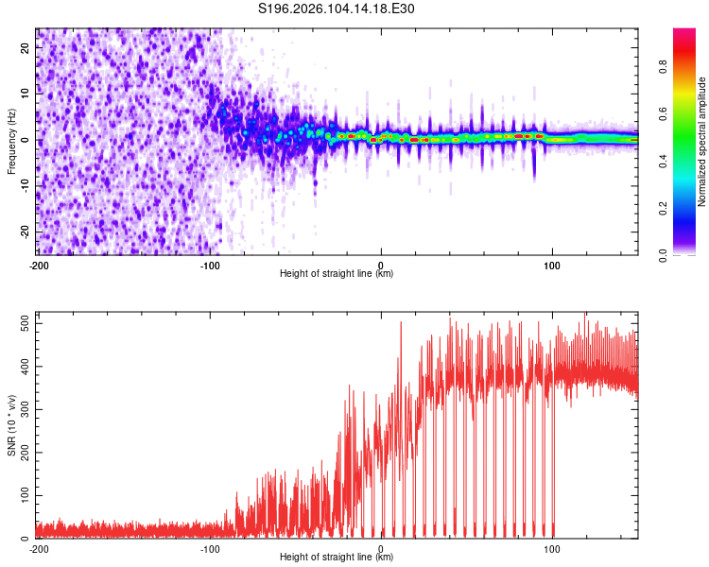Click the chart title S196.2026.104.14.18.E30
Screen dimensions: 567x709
(x=337, y=9)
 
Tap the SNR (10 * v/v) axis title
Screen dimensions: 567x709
(x=11, y=425)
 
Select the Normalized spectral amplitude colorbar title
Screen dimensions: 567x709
(x=702, y=142)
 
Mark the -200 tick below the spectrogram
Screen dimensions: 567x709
(x=39, y=266)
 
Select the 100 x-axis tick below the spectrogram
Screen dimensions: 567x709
(x=552, y=266)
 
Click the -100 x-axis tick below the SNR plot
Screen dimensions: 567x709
(x=210, y=549)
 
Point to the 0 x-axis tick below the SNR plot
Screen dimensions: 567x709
(x=381, y=549)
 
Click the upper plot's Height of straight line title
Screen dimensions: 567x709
(x=337, y=274)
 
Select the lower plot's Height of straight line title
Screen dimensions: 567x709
(x=337, y=558)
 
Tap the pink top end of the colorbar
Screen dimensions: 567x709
(x=683, y=33)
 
